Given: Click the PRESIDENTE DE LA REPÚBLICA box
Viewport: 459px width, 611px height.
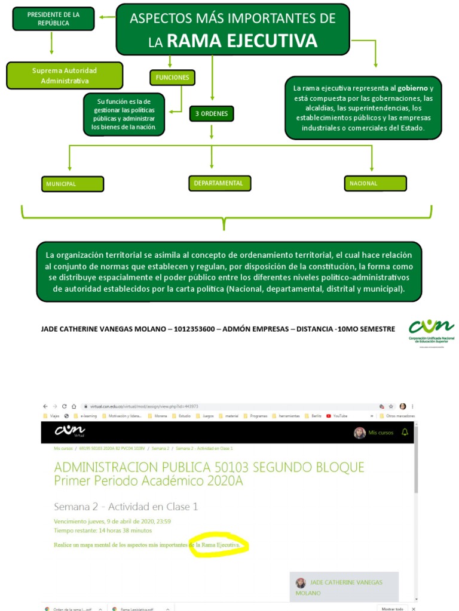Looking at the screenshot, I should click(x=53, y=18).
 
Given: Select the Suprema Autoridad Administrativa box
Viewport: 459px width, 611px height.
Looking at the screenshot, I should click(x=65, y=76).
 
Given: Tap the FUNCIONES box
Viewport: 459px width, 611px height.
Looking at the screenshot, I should click(x=172, y=78).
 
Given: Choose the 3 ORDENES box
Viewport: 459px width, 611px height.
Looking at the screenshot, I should click(x=212, y=113).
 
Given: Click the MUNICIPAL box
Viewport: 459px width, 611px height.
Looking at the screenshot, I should click(x=72, y=184).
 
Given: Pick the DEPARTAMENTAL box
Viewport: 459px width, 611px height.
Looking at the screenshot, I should click(x=219, y=183).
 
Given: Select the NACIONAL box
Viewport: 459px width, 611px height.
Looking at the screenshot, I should click(x=375, y=183).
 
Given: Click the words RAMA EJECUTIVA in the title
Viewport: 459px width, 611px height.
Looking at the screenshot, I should click(x=241, y=41).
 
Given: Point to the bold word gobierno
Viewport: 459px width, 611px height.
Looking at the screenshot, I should click(x=413, y=88).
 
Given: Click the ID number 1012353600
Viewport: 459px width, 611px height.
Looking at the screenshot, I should click(x=195, y=329).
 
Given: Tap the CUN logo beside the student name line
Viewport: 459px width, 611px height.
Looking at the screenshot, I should click(x=431, y=328).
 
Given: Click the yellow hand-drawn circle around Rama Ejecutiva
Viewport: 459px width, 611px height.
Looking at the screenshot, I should click(x=218, y=545).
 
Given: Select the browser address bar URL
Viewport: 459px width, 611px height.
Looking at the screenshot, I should click(x=144, y=406).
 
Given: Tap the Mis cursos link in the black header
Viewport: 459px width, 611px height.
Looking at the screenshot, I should click(x=381, y=433).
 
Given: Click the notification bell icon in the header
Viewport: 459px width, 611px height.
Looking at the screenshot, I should click(x=405, y=432).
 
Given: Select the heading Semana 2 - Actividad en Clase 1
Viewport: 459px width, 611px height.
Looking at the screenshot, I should click(x=126, y=507).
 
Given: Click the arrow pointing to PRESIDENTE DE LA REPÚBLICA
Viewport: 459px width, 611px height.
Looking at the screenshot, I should click(x=106, y=17).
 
